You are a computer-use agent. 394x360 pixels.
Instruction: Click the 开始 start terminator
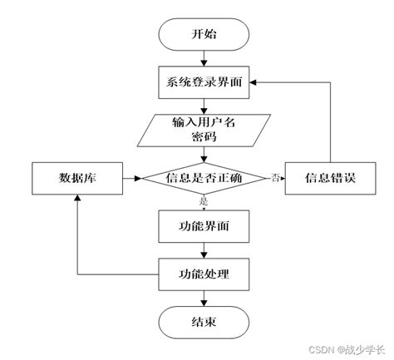[203, 35]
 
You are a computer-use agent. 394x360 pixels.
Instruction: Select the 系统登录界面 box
[203, 81]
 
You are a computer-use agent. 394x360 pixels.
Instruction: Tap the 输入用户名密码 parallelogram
[203, 130]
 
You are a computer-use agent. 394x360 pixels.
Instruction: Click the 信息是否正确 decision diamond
[203, 178]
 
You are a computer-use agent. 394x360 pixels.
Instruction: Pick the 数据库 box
[76, 178]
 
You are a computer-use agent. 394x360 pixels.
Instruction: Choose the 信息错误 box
[330, 178]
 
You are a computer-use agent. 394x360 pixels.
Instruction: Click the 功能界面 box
[203, 225]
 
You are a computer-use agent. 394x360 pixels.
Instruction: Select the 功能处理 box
[203, 273]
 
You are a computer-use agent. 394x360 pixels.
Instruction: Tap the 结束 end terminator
[203, 321]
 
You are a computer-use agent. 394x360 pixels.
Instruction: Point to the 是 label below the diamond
[203, 201]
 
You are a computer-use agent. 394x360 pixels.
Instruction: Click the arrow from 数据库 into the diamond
[131, 178]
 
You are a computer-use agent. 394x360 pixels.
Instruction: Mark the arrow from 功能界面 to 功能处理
[203, 249]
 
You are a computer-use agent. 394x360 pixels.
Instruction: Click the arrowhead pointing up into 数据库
[76, 199]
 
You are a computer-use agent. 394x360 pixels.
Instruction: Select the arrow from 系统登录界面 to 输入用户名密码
[203, 105]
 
